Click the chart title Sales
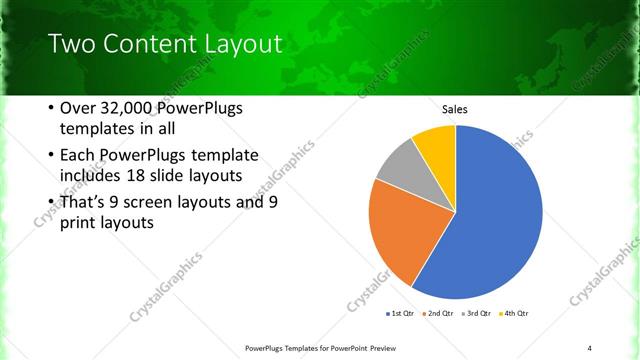click(455, 109)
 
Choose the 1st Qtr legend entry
click(400, 314)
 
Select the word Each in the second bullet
click(80, 156)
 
